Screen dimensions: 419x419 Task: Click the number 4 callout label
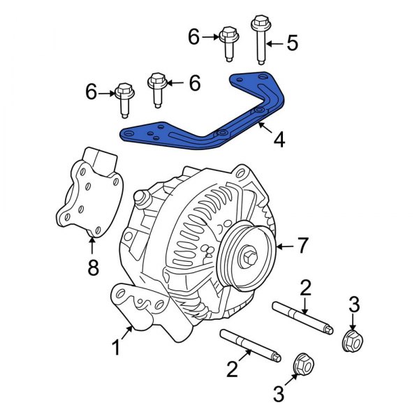coord(279,140)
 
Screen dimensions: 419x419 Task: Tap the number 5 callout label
coord(291,43)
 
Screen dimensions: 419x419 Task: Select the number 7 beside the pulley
coord(302,246)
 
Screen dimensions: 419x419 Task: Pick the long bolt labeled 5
coord(260,38)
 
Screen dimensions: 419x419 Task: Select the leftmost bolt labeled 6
coord(124,99)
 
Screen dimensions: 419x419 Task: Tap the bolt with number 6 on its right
coord(156,89)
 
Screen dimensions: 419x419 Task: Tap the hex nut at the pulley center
coord(247,258)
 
